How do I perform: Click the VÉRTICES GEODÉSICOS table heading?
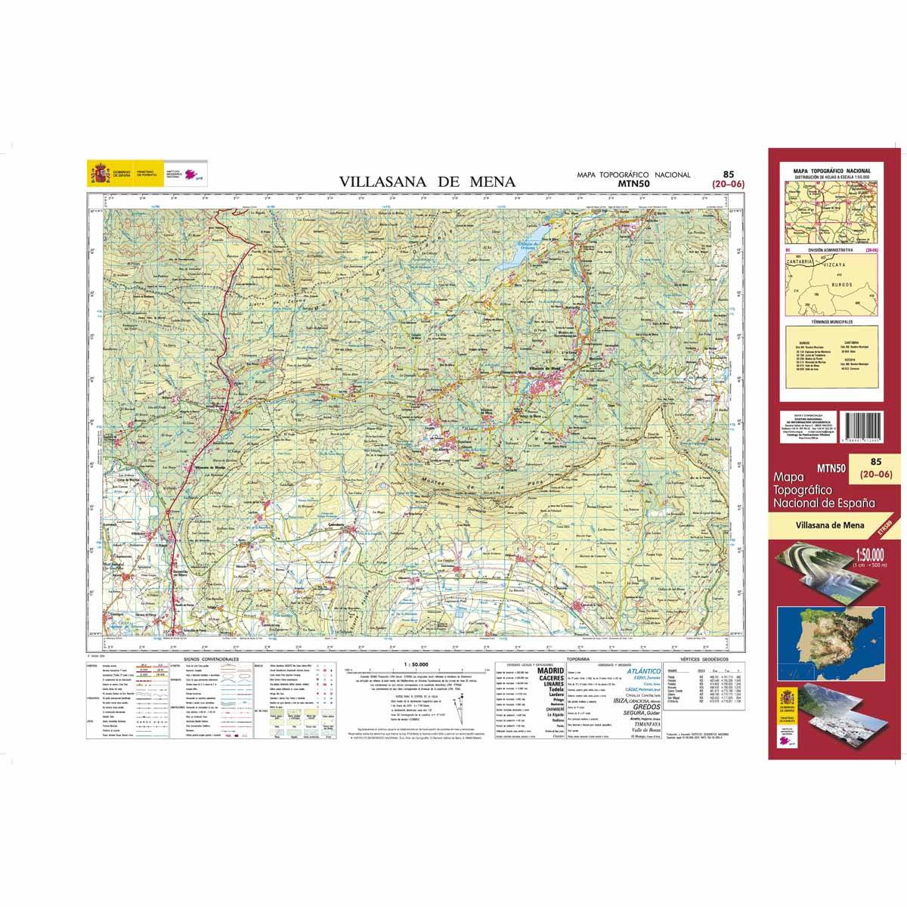coord(702,660)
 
